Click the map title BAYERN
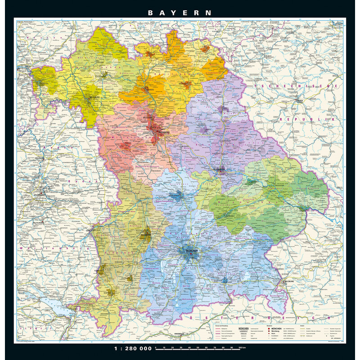click(180, 13)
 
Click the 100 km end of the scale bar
click(242, 348)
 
